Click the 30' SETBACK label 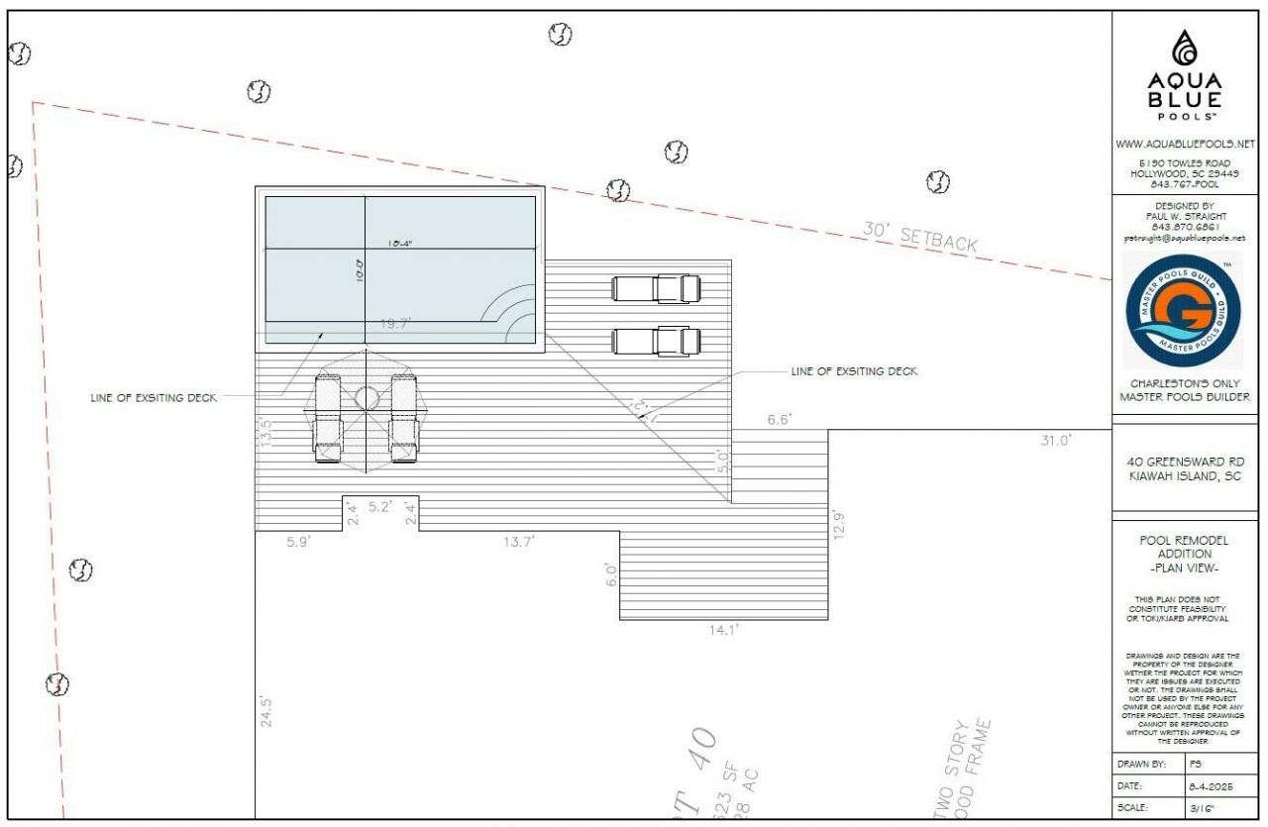(x=919, y=237)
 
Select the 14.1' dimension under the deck (x=723, y=629)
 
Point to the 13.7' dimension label (x=519, y=541)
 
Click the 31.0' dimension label (x=1054, y=442)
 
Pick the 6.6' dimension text (x=779, y=420)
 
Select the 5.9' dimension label (x=298, y=541)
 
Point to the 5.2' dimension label (x=380, y=507)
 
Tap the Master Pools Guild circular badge (x=1184, y=309)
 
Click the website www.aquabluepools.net (x=1185, y=145)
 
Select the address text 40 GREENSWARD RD (x=1185, y=462)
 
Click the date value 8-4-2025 (x=1209, y=785)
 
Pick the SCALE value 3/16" (x=1201, y=807)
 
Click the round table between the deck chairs (x=367, y=398)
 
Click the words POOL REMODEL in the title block (x=1185, y=541)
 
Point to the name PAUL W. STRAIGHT (x=1185, y=216)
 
